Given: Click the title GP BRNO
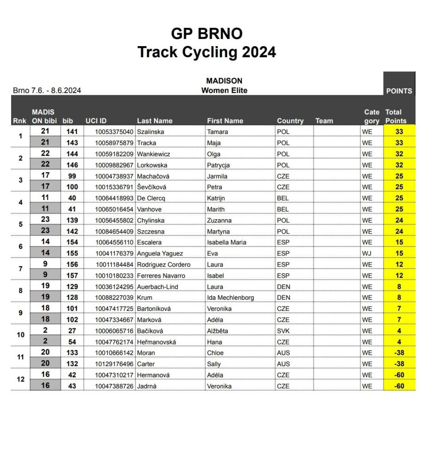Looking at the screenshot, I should click(206, 34).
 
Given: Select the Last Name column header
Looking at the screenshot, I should click(155, 121).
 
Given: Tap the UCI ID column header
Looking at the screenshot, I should click(96, 121).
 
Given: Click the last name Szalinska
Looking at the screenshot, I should click(151, 132).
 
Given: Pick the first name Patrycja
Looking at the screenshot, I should click(219, 165).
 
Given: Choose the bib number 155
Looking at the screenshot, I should click(72, 253).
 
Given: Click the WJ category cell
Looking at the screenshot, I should click(367, 253).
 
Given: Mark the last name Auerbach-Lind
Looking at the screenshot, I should click(158, 286).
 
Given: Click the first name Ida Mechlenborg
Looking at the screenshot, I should click(230, 297).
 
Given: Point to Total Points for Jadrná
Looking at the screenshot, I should click(399, 386).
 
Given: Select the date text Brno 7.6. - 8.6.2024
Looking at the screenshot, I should click(47, 90).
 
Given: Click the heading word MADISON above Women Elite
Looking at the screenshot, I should click(224, 81).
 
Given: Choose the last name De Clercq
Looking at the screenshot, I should click(151, 198).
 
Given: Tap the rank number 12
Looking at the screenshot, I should click(20, 380).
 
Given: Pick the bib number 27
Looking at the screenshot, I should click(72, 331).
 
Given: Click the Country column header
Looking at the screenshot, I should click(290, 121).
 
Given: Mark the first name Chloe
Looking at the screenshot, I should click(215, 352).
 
